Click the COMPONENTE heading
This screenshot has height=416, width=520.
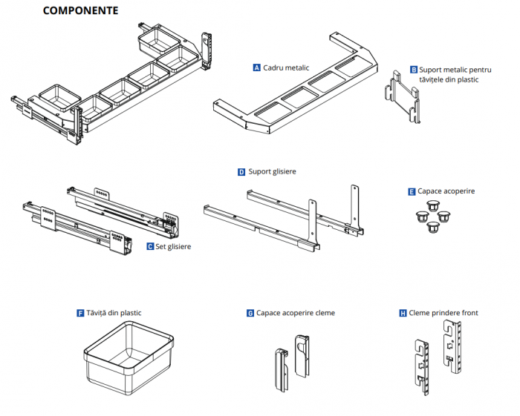tap(80, 11)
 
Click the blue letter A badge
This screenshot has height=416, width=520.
tap(257, 67)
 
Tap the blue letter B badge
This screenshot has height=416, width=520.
tap(414, 70)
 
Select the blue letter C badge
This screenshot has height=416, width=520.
tap(150, 246)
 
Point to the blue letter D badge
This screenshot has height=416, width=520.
tap(241, 172)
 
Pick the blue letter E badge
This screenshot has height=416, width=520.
tap(412, 191)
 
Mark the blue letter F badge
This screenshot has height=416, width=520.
tap(80, 313)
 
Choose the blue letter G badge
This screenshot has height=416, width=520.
tap(250, 314)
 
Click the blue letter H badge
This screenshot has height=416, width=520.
tap(403, 314)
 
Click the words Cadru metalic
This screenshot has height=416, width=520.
tap(287, 67)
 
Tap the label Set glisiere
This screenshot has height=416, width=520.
tap(173, 246)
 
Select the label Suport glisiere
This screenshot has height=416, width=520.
tap(273, 172)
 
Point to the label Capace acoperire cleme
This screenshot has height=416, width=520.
tap(296, 314)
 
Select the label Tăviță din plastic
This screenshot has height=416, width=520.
tap(114, 313)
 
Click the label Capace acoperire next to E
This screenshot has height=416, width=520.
tap(446, 191)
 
